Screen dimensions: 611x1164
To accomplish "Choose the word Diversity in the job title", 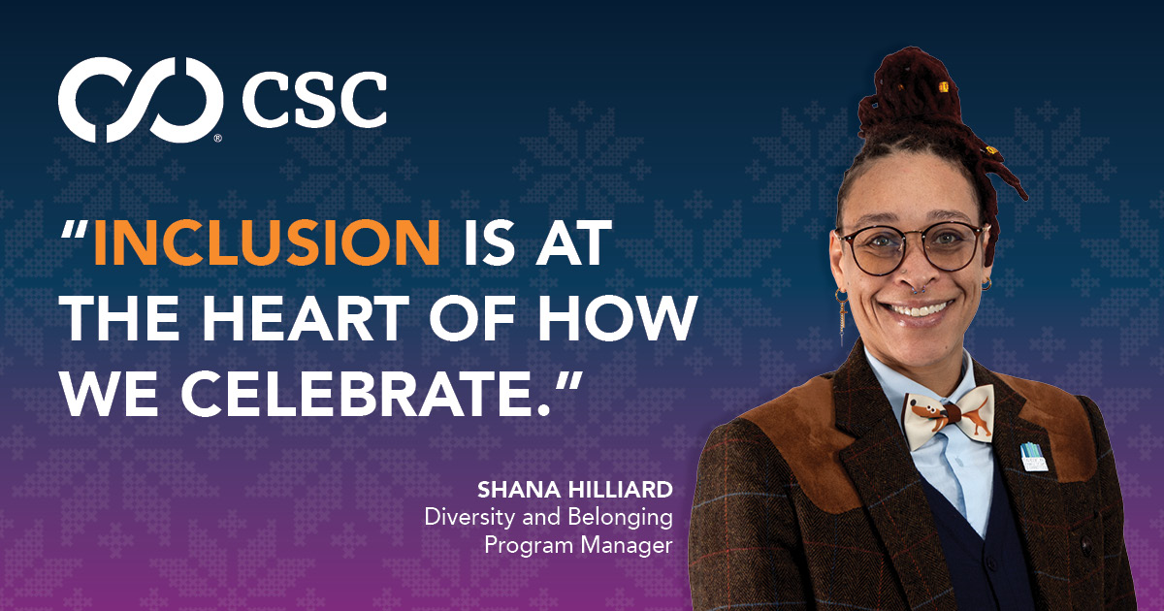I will click(x=464, y=517).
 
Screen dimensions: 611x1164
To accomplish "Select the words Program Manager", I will click(x=578, y=545).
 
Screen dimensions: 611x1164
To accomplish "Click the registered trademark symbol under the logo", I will click(x=217, y=139).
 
